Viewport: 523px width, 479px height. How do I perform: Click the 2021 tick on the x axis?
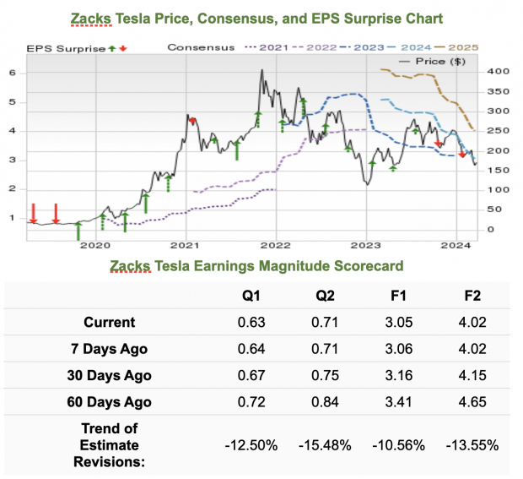point(184,245)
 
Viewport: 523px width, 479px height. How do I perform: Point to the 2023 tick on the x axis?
point(366,245)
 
